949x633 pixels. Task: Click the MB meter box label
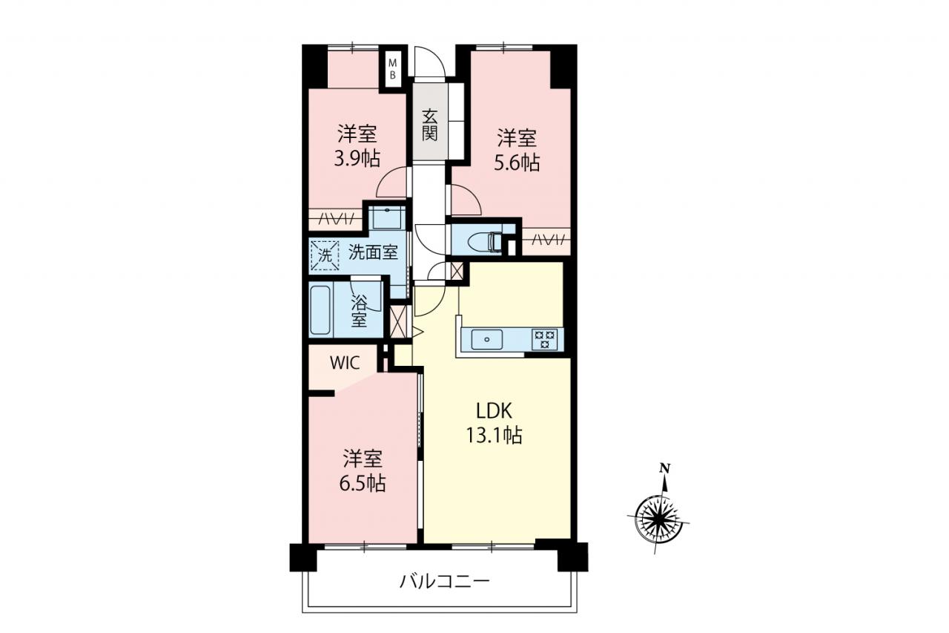(x=393, y=69)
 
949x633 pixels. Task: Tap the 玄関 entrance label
(x=429, y=125)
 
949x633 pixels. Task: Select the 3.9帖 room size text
(x=357, y=159)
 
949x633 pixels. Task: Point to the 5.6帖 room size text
(x=517, y=163)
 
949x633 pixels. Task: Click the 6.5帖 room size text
(x=363, y=483)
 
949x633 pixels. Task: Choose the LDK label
(x=495, y=411)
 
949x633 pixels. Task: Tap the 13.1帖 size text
(x=495, y=435)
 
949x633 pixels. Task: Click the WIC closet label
(x=345, y=363)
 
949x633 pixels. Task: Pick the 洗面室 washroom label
(x=373, y=253)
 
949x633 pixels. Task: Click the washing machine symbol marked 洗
(x=325, y=255)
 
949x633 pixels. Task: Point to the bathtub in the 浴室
(x=320, y=310)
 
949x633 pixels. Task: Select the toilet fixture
(x=485, y=243)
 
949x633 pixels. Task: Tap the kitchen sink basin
(x=487, y=339)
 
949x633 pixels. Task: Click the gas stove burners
(x=545, y=339)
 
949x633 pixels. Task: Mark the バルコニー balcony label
(x=445, y=581)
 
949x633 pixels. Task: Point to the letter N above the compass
(x=666, y=469)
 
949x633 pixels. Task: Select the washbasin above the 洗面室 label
(x=387, y=217)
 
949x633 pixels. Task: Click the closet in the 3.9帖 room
(x=336, y=219)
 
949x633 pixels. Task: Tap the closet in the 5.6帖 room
(x=546, y=241)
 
